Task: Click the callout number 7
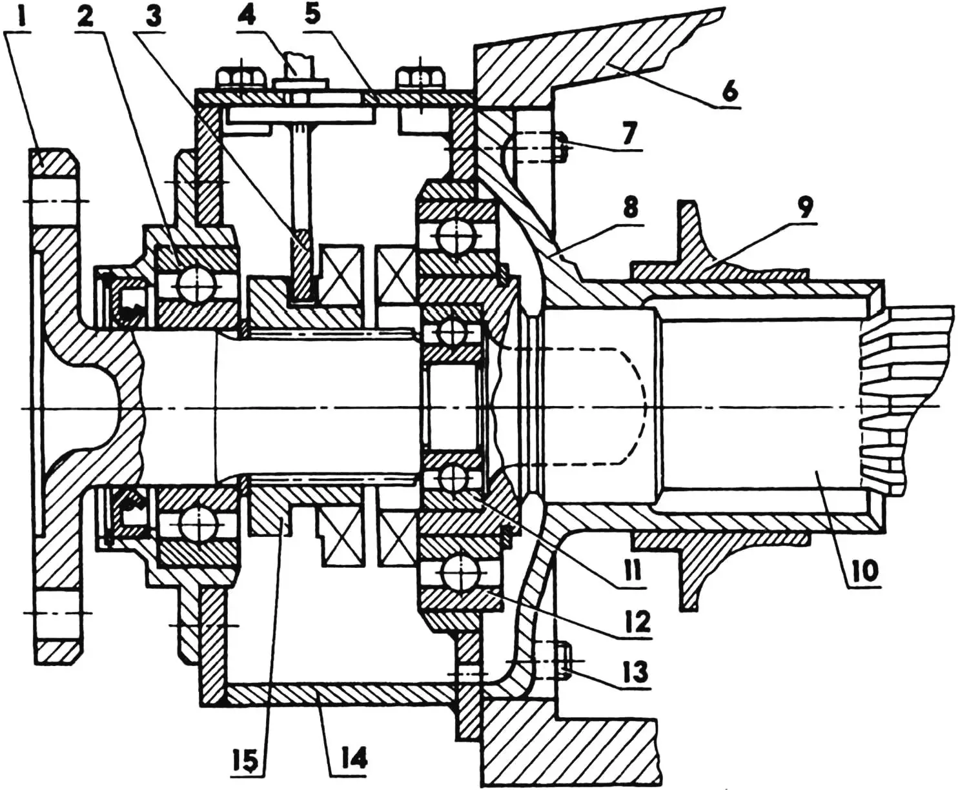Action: tap(629, 134)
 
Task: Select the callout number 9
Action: tap(805, 208)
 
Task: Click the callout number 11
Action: tap(634, 569)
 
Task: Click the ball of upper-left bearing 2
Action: tap(192, 283)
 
